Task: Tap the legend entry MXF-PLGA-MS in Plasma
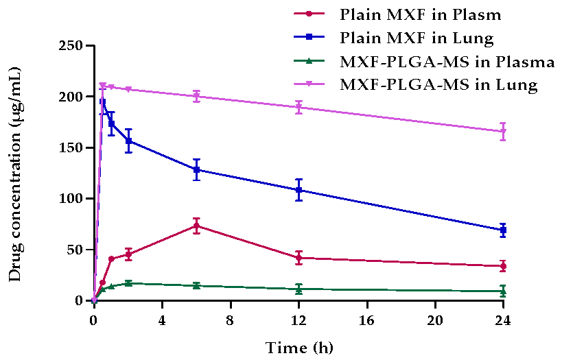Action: coord(447,62)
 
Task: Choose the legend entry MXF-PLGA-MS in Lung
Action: coord(438,85)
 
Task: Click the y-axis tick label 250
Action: coord(69,46)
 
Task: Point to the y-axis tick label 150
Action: coord(69,147)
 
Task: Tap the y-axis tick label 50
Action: coord(73,250)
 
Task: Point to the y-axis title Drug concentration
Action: coord(14,174)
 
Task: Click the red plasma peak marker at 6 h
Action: coord(196,226)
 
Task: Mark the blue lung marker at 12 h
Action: coord(298,190)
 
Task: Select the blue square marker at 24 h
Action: coord(503,230)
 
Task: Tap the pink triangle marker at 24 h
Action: coord(503,132)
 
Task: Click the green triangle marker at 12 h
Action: coord(298,289)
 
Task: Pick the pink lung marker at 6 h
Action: coord(196,97)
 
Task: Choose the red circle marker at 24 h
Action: coord(503,266)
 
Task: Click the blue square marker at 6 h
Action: coord(196,169)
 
